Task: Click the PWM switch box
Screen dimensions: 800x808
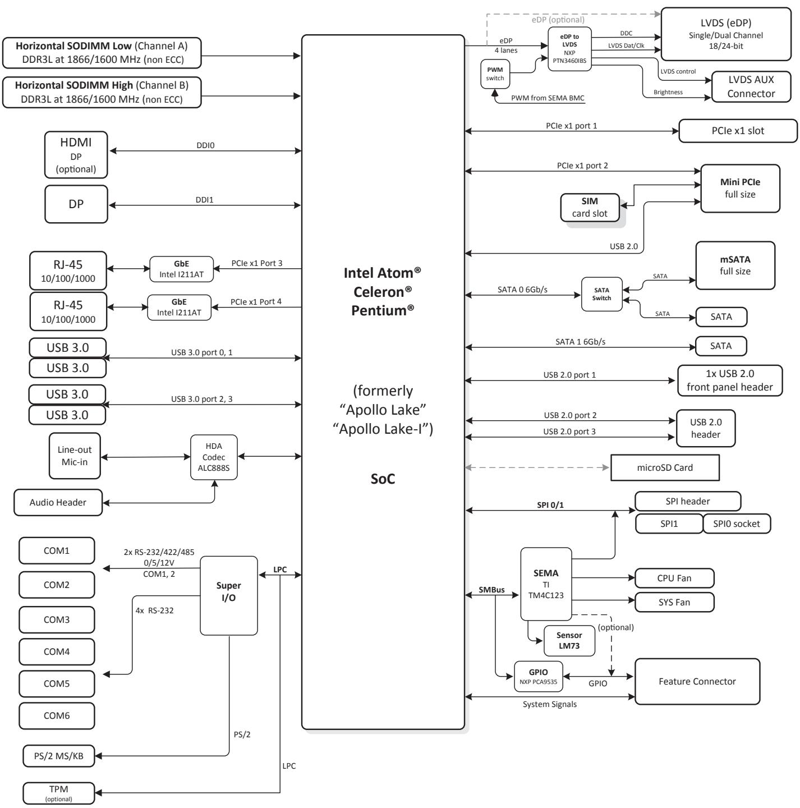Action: point(495,74)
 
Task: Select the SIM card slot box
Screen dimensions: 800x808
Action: point(590,208)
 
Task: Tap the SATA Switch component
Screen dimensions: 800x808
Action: point(601,294)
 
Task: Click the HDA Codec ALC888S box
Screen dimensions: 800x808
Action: point(214,457)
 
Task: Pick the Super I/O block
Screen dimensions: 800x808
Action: point(228,595)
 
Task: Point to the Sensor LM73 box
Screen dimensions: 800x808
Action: point(569,641)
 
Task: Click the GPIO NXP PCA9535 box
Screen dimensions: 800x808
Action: point(539,676)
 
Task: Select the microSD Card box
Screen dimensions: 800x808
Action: point(665,467)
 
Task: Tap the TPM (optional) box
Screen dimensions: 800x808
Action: point(59,793)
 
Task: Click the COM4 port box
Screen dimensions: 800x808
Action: point(57,651)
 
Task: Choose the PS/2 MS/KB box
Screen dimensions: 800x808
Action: point(59,756)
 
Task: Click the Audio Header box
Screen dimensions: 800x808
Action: point(58,502)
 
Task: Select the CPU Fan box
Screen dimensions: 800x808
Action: point(674,578)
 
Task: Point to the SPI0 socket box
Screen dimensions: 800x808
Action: point(736,524)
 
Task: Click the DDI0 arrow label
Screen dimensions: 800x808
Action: point(205,145)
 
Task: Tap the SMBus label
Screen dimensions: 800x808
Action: point(492,590)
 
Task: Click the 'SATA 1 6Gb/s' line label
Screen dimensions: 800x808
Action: point(580,342)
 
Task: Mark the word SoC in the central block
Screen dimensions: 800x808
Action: point(383,479)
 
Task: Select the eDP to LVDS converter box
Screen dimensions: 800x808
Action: point(569,49)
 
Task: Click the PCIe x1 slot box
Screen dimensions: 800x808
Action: point(738,131)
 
